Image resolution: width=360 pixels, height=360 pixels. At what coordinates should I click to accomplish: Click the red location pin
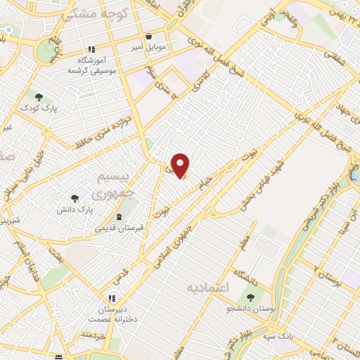[x=181, y=165]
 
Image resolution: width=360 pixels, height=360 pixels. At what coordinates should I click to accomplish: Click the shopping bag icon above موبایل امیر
[x=148, y=37]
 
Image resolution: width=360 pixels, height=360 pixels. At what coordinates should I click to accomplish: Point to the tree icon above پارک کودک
[x=39, y=97]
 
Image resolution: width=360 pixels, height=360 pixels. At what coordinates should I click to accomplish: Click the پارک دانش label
[x=75, y=210]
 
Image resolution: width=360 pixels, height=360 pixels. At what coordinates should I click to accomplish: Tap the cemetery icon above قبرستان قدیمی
[x=118, y=216]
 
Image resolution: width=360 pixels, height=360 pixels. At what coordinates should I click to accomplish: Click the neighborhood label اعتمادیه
[x=207, y=287]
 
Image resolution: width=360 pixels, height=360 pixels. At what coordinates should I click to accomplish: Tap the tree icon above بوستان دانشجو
[x=252, y=297]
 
